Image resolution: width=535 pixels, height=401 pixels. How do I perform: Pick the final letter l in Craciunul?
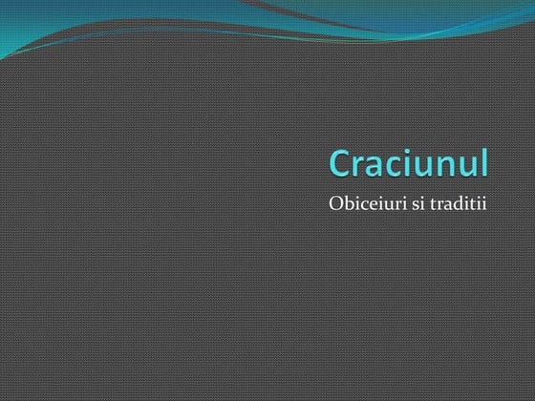click(484, 162)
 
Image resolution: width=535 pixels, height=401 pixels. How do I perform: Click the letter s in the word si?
click(417, 207)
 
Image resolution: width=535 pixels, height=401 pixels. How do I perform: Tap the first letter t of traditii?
click(437, 206)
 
